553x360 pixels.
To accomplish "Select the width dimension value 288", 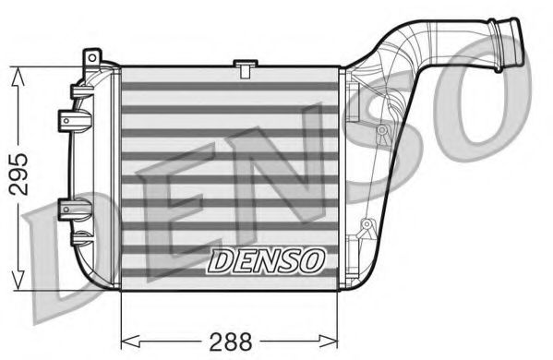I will [x=230, y=341].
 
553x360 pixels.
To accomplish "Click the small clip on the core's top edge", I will [x=245, y=66].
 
